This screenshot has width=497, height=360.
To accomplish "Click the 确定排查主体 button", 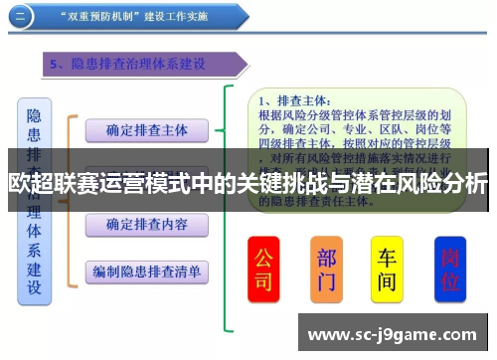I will coord(147,130).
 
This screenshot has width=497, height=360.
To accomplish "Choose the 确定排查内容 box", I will coord(147,225).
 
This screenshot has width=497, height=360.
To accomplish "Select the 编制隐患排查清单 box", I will coord(147,270).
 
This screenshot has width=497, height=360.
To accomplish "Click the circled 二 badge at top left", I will coord(22,16).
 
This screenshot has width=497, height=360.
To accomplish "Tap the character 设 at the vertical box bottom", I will coord(34,288).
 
